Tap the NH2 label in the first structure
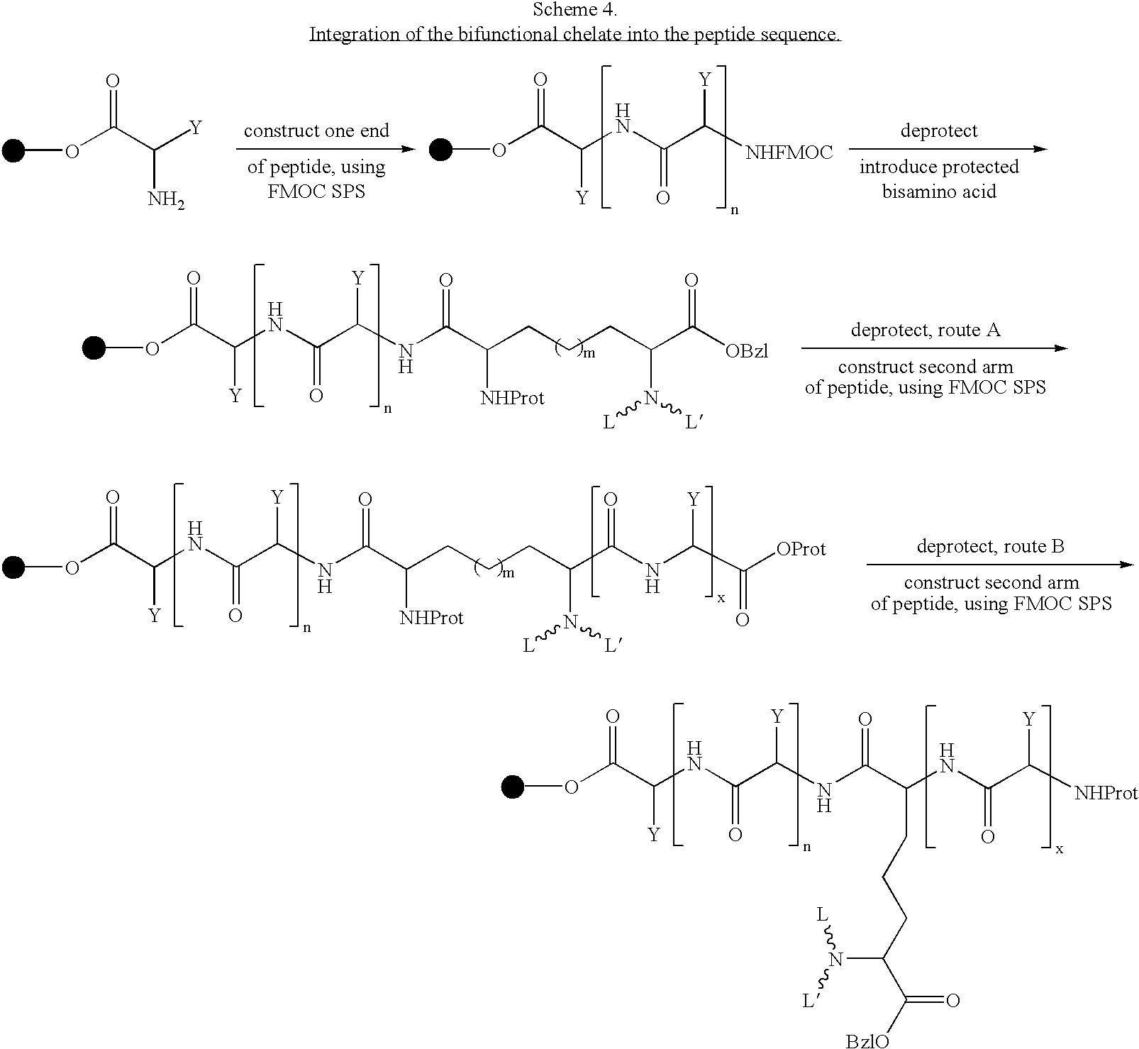(x=166, y=200)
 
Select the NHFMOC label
(x=789, y=152)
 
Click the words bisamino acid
(x=939, y=192)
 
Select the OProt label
(x=801, y=548)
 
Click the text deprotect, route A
(x=926, y=330)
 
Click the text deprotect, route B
(x=990, y=546)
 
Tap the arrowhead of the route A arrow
(x=1061, y=348)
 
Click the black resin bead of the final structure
(x=512, y=787)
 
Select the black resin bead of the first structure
(x=13, y=150)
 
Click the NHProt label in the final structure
(x=1106, y=792)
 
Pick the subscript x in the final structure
(x=1060, y=848)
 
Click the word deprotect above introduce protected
(x=939, y=131)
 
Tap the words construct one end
(x=316, y=131)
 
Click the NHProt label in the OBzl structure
(x=512, y=399)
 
